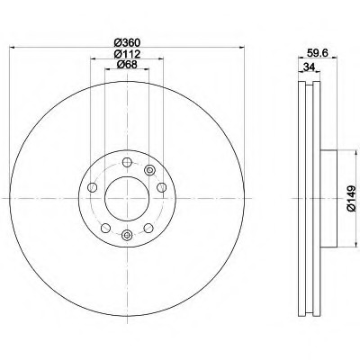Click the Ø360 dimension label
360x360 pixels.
pos(128,42)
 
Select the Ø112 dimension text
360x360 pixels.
pos(128,54)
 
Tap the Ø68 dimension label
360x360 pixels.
pos(127,64)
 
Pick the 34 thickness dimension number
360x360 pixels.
pos(309,67)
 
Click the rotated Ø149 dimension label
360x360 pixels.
pos(352,198)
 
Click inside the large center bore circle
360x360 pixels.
pos(127,198)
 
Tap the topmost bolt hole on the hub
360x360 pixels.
pos(127,162)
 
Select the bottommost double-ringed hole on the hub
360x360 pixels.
pos(127,235)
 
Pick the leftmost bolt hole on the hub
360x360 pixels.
pos(93,188)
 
